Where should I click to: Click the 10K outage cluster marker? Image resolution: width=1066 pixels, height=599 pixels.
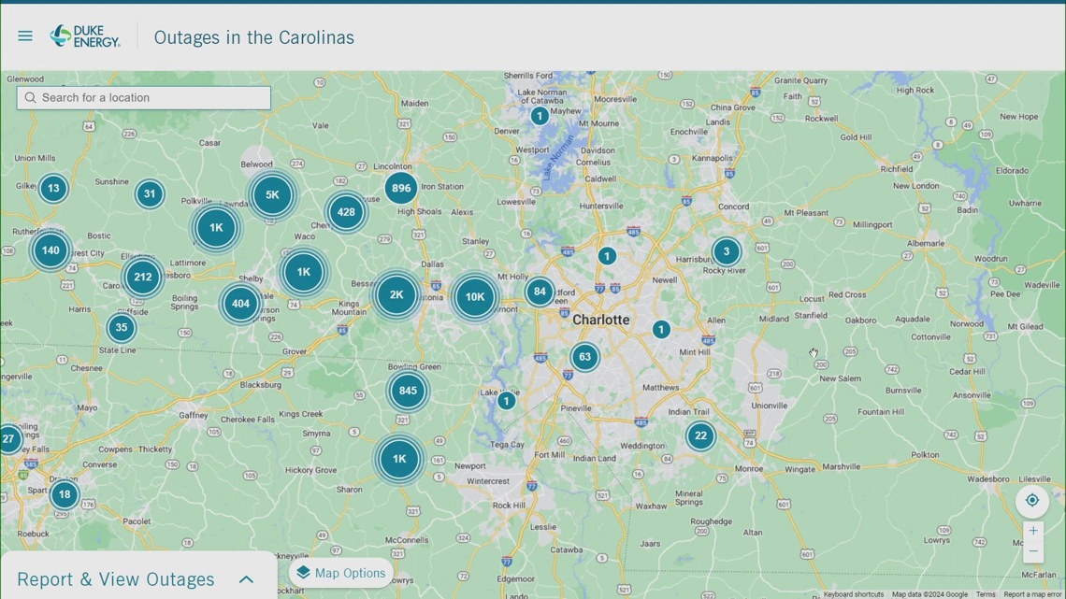(475, 297)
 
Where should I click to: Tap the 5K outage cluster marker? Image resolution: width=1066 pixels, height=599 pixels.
(272, 195)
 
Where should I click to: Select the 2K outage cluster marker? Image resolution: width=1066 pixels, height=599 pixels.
(396, 294)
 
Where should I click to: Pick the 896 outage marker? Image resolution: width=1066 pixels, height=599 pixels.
(401, 188)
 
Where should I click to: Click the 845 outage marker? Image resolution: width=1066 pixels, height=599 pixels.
(408, 391)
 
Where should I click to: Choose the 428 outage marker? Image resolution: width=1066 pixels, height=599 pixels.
(346, 212)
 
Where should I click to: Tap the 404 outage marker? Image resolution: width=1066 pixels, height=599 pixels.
(240, 303)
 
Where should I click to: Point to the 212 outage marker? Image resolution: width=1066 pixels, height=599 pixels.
(143, 277)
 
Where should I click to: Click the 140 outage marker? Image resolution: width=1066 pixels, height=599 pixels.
(50, 250)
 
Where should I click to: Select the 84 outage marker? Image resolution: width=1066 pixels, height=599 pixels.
(540, 292)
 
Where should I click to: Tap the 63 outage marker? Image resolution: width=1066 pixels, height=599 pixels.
(584, 356)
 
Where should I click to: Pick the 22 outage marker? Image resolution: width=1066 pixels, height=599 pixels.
(700, 435)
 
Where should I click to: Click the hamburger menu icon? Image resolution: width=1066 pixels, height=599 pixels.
(25, 36)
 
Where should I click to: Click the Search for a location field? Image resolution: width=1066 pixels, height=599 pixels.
(144, 97)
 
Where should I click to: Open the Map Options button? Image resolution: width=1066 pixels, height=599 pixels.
(340, 573)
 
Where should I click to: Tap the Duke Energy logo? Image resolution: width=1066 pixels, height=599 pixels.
(85, 36)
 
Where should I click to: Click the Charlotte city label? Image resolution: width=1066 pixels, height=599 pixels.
(601, 320)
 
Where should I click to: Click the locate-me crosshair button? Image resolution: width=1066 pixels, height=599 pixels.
(1032, 500)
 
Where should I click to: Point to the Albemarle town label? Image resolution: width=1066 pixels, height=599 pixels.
(926, 243)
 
